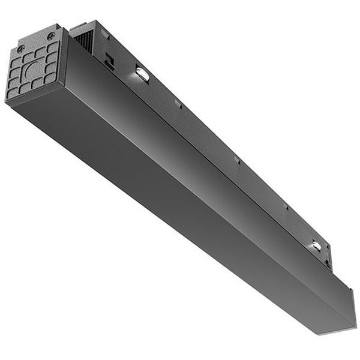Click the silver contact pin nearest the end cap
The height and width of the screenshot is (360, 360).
tap(142, 73)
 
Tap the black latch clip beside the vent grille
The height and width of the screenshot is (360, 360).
tap(109, 61)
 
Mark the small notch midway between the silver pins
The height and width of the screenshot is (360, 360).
tap(237, 160)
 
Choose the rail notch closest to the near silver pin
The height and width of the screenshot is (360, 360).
tap(178, 104)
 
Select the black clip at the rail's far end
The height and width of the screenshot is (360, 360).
tap(327, 260)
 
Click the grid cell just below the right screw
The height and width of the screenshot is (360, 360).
tap(53, 47)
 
